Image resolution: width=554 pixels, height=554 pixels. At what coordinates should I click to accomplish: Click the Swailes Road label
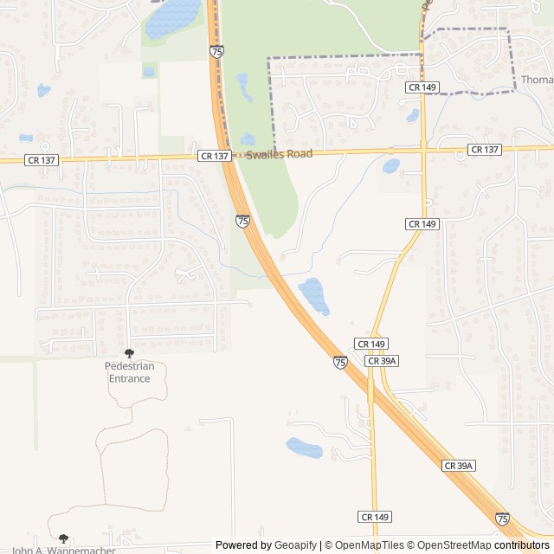pos(279,154)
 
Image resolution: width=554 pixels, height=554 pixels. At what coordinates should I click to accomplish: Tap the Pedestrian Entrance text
pos(130,372)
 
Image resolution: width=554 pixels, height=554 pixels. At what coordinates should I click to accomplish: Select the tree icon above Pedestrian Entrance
pos(130,353)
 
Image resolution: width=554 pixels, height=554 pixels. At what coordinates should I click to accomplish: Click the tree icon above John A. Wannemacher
pos(63,538)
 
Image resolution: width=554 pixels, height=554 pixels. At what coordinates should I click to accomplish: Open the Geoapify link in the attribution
pos(296,545)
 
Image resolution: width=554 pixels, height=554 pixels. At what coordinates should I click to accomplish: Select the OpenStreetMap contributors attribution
pos(480,545)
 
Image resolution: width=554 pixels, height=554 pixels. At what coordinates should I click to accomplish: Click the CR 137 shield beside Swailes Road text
pos(215,156)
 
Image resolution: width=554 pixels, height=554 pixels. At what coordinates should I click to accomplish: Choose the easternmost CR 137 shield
pos(485,150)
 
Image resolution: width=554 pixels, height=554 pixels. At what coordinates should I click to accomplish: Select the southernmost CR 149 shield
pos(374,517)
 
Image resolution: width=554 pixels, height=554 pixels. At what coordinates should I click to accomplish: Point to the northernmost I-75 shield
pos(216,52)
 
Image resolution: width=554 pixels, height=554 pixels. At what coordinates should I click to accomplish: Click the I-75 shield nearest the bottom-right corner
pos(503,519)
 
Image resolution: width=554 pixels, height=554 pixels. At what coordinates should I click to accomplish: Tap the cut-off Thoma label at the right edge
pos(537,81)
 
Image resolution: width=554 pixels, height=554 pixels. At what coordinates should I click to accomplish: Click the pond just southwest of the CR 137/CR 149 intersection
pos(391,165)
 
